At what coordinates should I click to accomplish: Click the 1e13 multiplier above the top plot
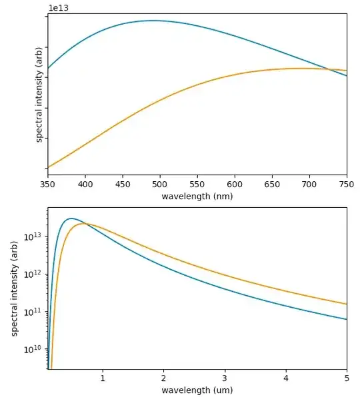pyautogui.click(x=57, y=8)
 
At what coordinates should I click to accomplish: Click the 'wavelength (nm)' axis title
pyautogui.click(x=197, y=197)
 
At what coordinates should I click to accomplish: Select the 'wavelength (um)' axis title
pyautogui.click(x=197, y=390)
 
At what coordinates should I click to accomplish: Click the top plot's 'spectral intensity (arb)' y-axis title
pyautogui.click(x=39, y=94)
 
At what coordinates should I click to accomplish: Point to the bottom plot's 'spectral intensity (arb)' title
pyautogui.click(x=14, y=288)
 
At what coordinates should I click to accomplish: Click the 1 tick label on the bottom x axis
pyautogui.click(x=102, y=378)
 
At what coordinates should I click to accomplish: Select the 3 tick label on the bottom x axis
pyautogui.click(x=225, y=378)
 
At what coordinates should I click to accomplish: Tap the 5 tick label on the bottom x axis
pyautogui.click(x=347, y=378)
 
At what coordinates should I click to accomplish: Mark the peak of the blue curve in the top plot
pyautogui.click(x=153, y=21)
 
